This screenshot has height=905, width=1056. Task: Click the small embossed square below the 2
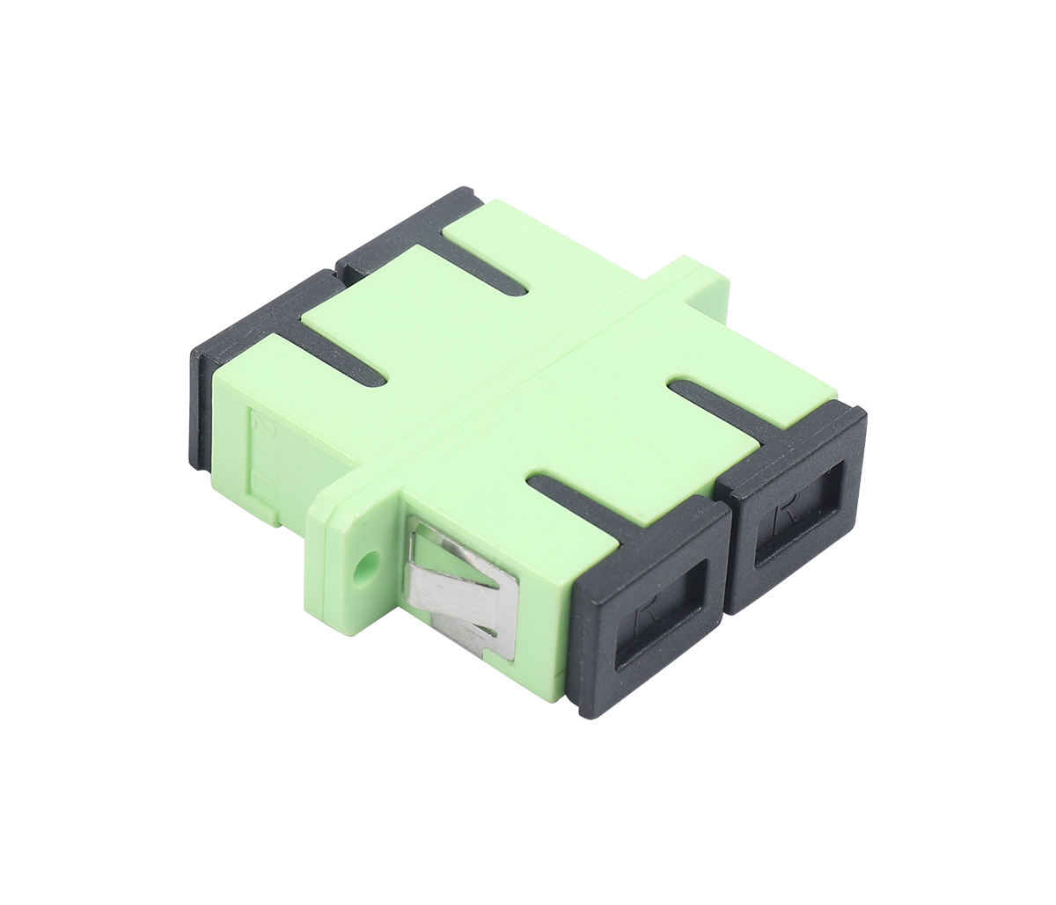pyautogui.click(x=260, y=480)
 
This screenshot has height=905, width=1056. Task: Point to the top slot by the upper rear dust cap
pyautogui.click(x=480, y=264)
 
